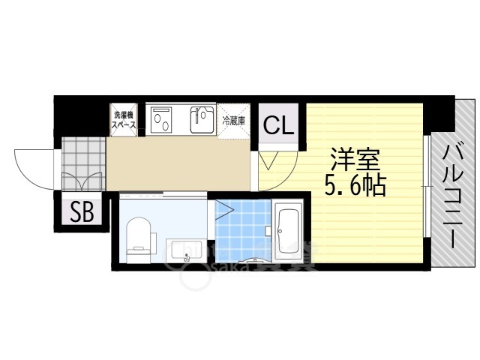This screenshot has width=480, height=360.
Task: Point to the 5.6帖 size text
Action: coord(355,184)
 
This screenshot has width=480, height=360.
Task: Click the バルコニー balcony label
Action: coord(452,196)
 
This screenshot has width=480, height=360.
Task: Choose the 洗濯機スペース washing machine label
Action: coord(124,121)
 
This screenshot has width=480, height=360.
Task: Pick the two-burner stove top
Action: coord(163,119)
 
